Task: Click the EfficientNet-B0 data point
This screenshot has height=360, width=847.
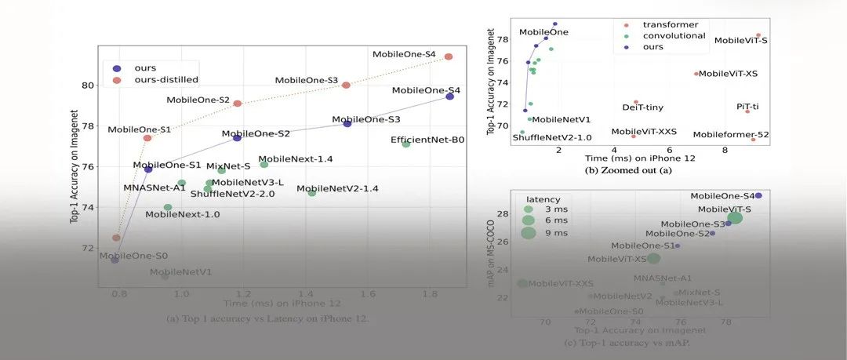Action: (406, 144)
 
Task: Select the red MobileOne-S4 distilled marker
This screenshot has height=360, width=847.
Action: (449, 56)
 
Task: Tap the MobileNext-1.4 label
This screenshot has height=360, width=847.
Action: (296, 159)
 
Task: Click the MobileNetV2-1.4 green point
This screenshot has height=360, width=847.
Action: (312, 192)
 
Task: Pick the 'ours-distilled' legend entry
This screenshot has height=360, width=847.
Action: (165, 79)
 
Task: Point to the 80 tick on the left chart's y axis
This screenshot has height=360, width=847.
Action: (88, 85)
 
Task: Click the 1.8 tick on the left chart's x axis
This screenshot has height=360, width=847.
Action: (428, 293)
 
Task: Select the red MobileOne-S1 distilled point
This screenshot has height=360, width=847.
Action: (147, 138)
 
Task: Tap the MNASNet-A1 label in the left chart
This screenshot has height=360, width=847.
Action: (154, 187)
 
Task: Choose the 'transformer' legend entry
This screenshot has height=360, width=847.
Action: (670, 24)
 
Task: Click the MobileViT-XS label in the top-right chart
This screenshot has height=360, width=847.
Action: (728, 74)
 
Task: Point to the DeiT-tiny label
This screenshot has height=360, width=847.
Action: (642, 107)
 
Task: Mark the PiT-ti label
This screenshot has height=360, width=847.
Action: (747, 106)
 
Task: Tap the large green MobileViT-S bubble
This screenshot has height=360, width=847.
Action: (735, 217)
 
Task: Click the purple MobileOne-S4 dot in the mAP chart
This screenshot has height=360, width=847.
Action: (758, 195)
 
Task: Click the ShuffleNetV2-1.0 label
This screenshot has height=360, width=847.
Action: (552, 138)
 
